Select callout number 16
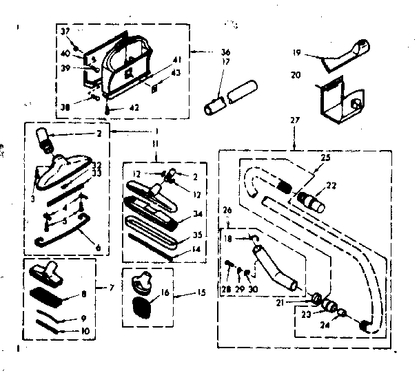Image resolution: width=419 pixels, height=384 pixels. [165, 292]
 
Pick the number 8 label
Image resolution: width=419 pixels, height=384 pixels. [85, 294]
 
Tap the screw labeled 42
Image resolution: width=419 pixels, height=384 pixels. [109, 107]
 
